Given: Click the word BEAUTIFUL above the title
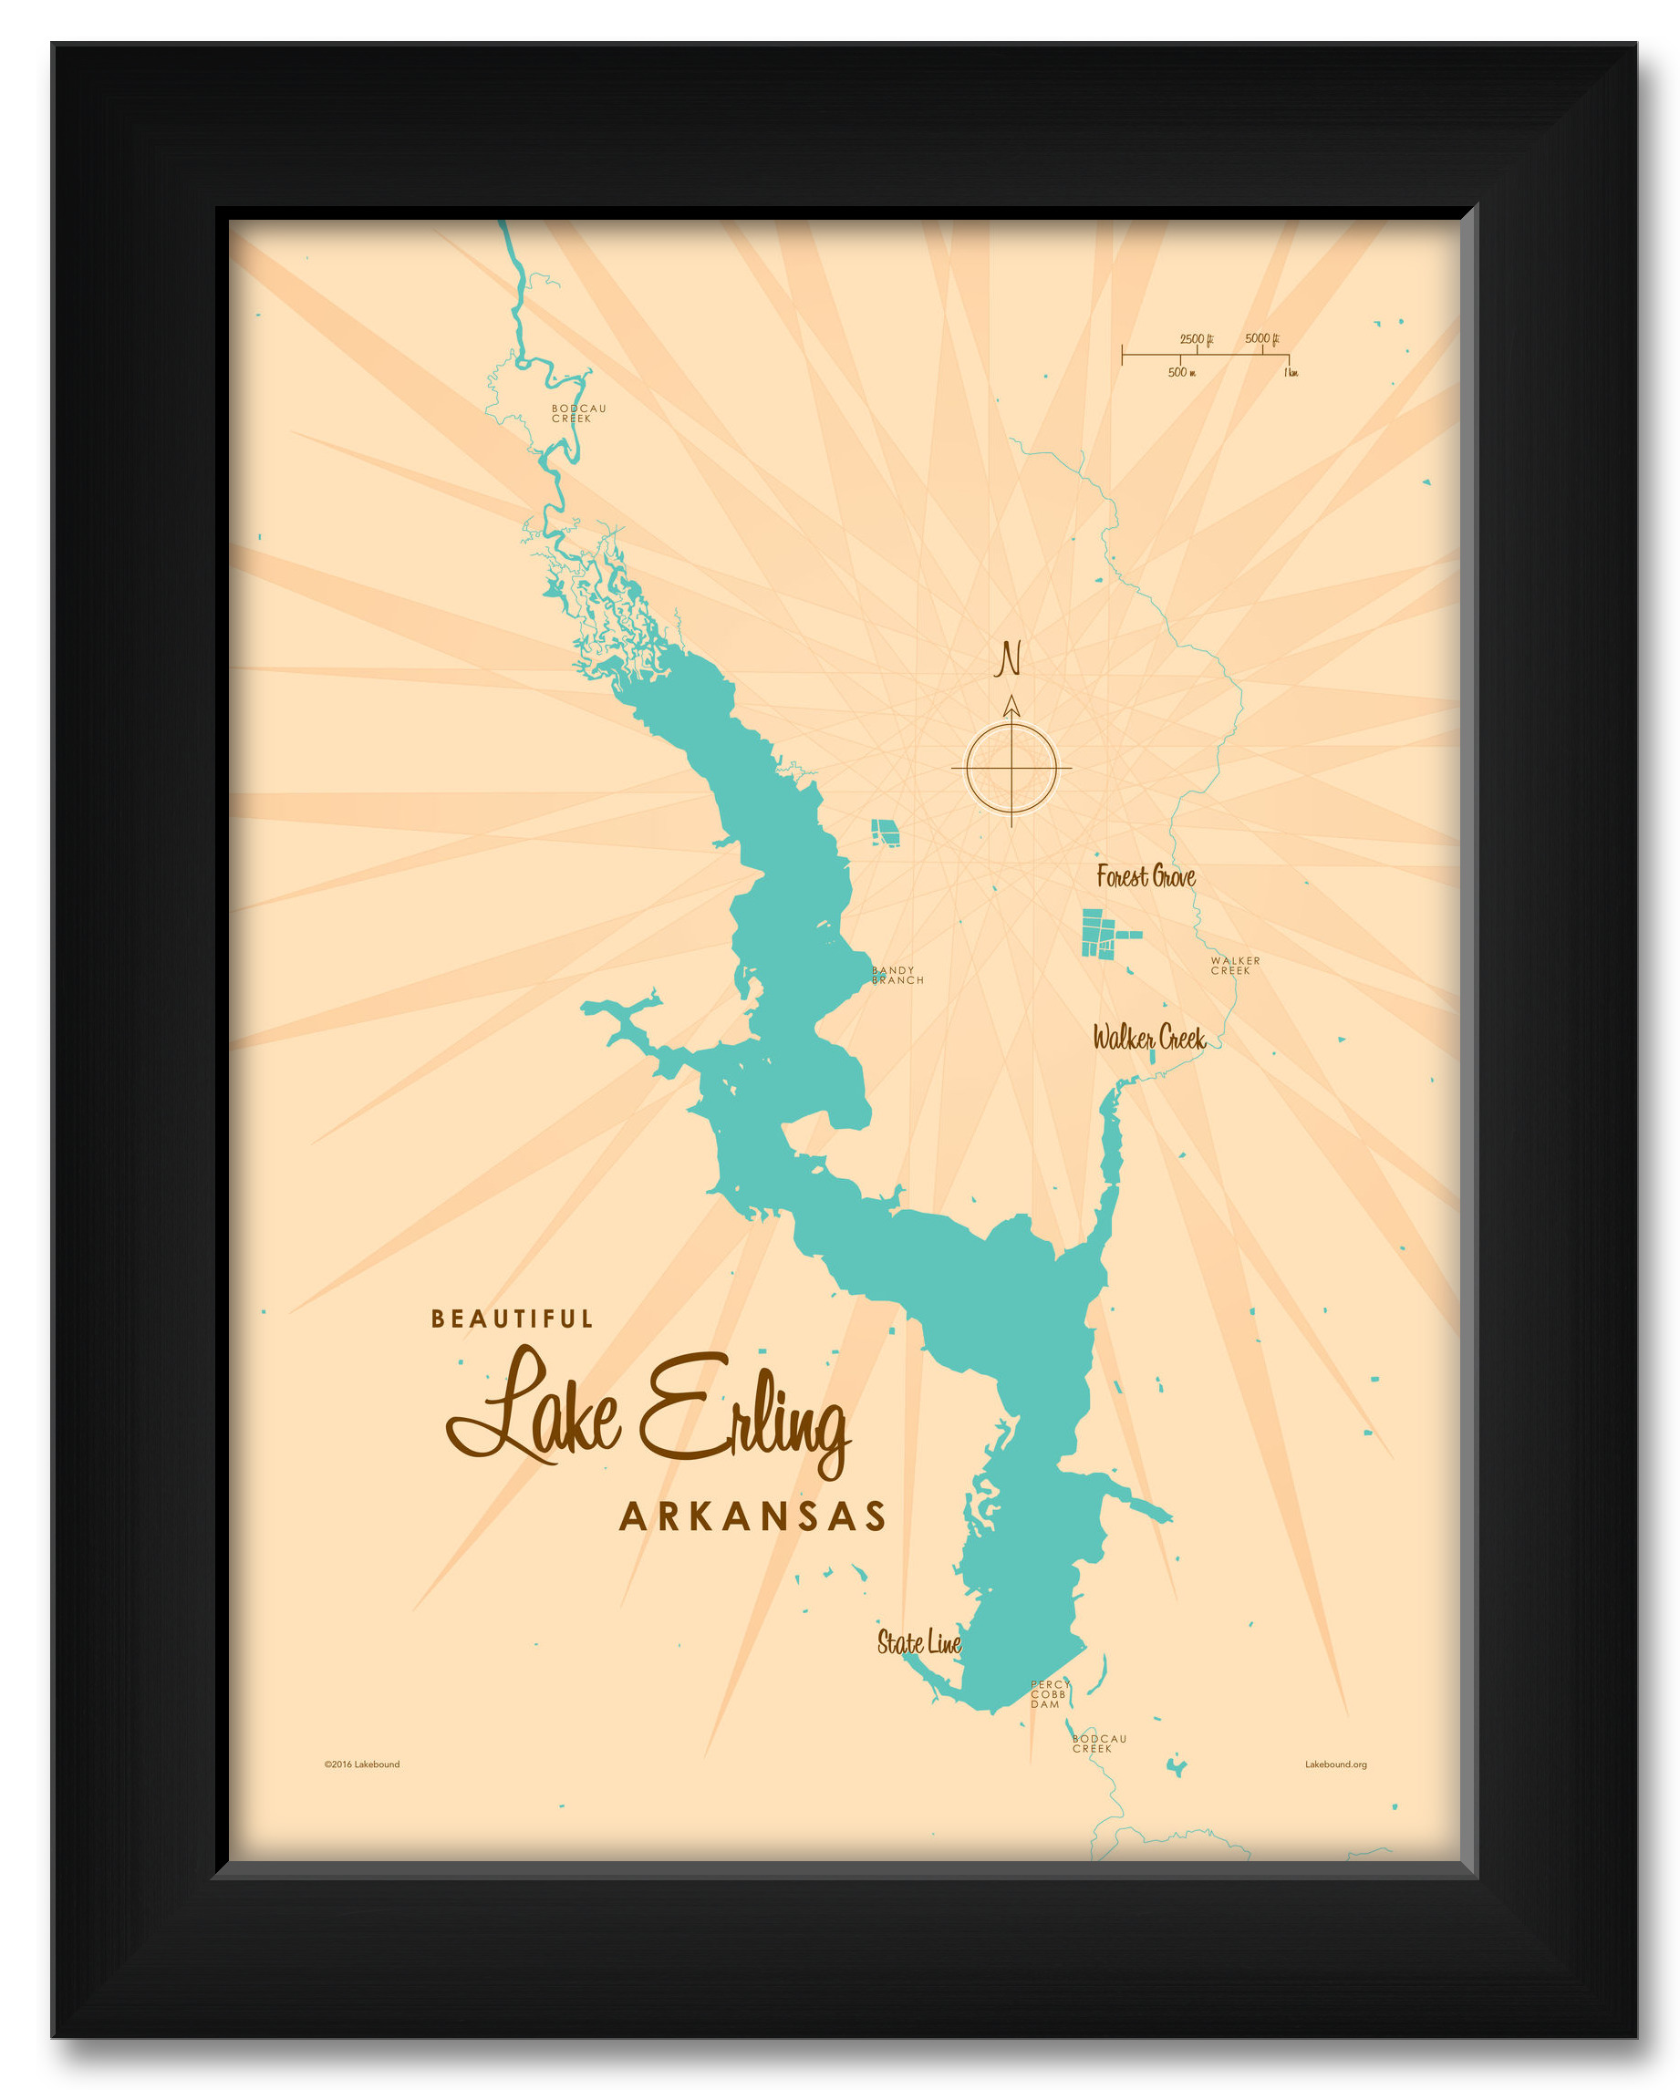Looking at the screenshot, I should click(x=511, y=1319).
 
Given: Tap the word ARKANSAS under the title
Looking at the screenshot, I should click(x=752, y=1516).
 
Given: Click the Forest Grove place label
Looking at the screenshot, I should click(x=1145, y=876).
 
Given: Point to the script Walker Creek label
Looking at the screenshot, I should click(x=1149, y=1039).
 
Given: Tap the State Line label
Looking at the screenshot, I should click(x=918, y=1642).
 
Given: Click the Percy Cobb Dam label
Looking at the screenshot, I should click(x=1049, y=1694).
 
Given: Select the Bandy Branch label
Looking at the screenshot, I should click(x=896, y=975).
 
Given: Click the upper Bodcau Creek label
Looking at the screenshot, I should click(x=577, y=413).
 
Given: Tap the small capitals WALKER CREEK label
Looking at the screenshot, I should click(x=1234, y=966).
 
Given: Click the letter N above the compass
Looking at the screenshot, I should click(x=1009, y=659).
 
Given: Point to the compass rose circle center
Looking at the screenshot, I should click(x=1011, y=769).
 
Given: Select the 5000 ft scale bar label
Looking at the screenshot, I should click(x=1261, y=338).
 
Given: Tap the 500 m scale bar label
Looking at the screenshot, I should click(x=1181, y=372).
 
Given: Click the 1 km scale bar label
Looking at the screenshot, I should click(x=1291, y=372).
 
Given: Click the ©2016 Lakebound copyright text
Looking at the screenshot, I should click(x=361, y=1764).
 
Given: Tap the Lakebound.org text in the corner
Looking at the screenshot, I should click(x=1335, y=1764).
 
